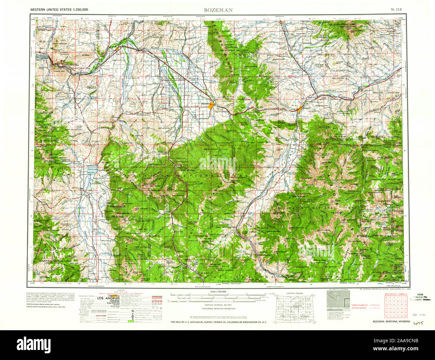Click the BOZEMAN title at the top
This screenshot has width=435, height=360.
218,10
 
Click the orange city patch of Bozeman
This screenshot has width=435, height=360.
211,105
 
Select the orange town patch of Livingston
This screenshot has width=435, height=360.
300,109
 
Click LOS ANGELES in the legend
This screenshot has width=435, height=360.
107,298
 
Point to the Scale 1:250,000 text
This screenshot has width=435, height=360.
219,292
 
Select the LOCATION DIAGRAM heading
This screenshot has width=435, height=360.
294,293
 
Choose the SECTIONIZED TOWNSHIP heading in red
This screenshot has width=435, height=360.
396,294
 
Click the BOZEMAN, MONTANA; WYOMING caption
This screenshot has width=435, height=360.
391,322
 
